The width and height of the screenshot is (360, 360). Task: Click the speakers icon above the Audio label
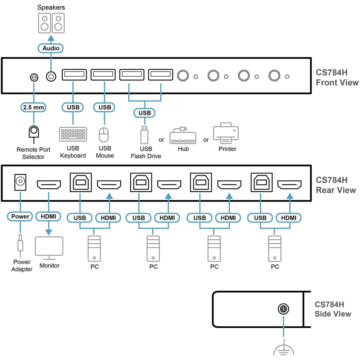pos(51,23)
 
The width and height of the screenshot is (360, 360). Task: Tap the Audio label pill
pos(51,48)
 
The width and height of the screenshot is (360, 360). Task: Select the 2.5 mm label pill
pos(34,107)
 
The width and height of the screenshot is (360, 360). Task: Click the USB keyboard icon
pos(73,134)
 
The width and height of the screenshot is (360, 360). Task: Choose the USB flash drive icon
pos(144,134)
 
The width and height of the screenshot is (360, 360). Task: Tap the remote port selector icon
pos(34,132)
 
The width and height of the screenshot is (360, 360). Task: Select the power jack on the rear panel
pos(20,182)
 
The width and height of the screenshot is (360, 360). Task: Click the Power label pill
pos(20,217)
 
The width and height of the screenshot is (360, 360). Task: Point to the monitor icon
pos(49,247)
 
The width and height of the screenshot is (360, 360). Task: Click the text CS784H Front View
pos(337,78)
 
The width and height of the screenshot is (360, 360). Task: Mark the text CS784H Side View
pos(333,309)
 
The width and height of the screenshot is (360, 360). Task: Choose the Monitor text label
pos(50,266)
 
